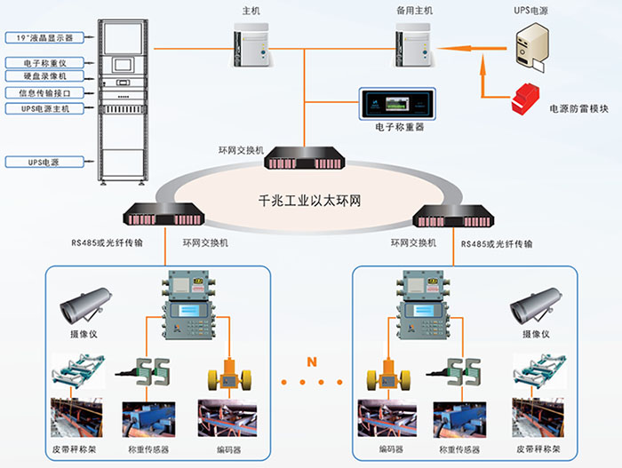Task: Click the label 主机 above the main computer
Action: point(251,12)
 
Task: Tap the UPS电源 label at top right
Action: point(532,12)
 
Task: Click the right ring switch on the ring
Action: point(455,214)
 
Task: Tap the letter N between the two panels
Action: point(310,361)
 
